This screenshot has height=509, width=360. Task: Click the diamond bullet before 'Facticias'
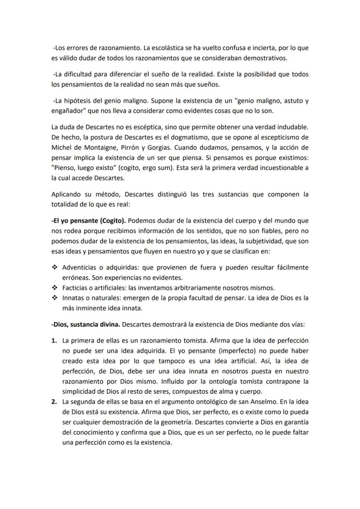coord(55,288)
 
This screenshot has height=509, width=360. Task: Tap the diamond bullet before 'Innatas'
coord(55,298)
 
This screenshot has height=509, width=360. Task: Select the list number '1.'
coord(55,340)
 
